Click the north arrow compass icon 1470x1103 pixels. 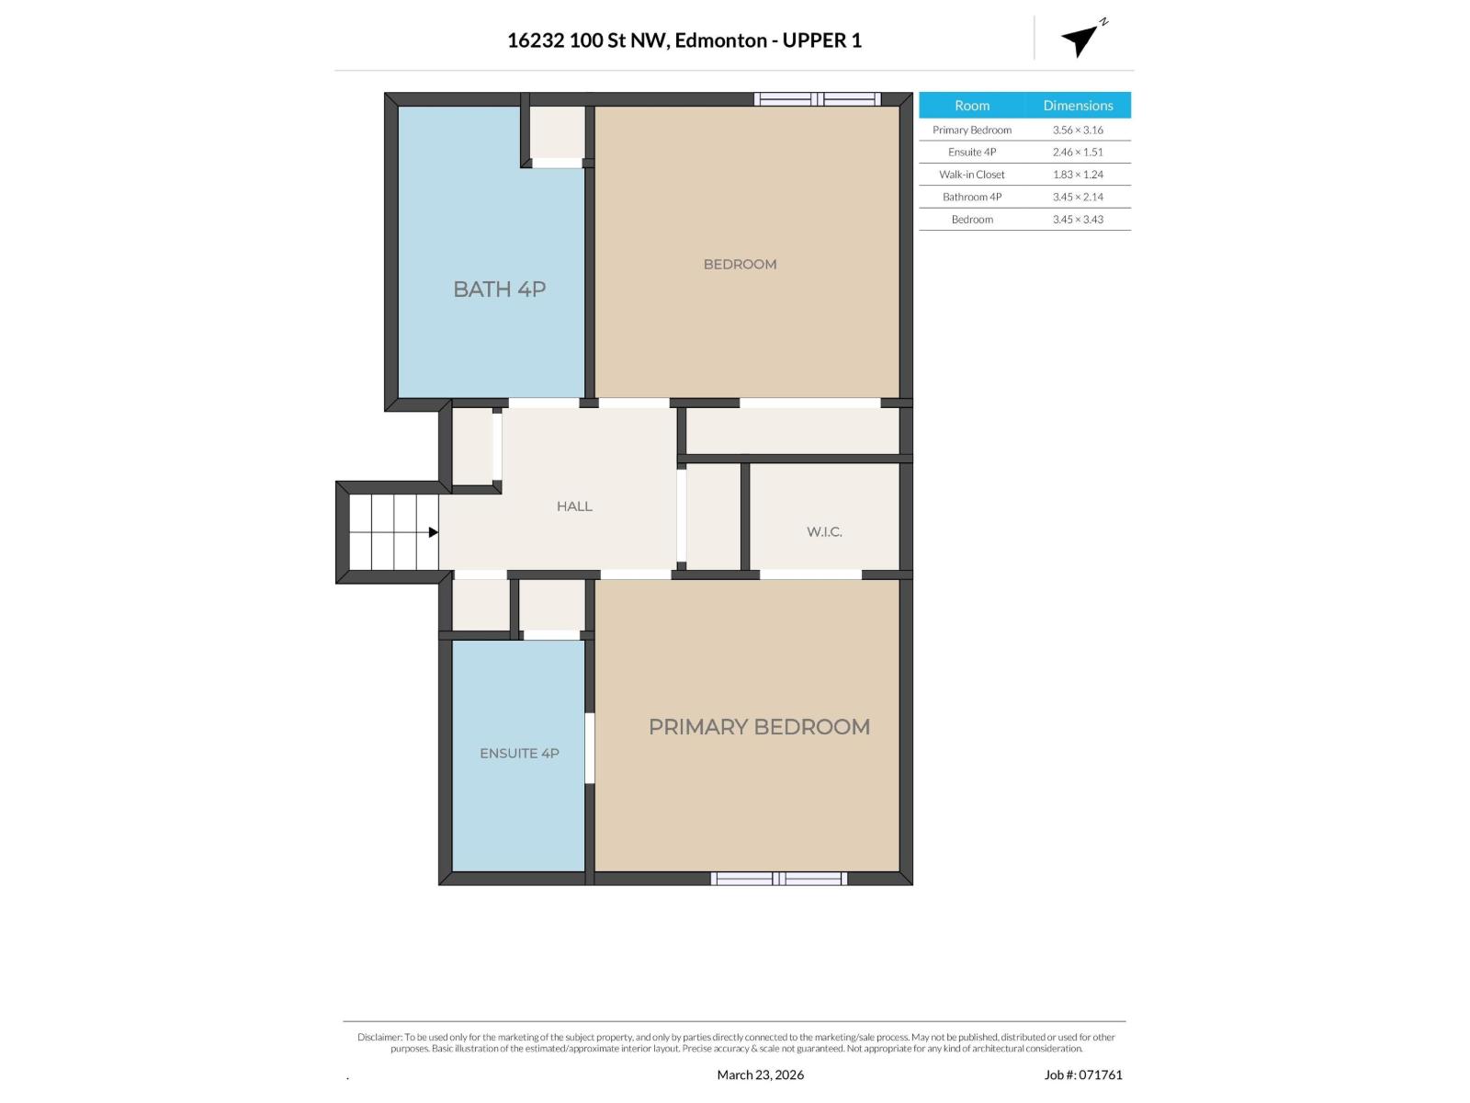(1081, 39)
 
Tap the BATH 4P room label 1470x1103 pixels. (499, 289)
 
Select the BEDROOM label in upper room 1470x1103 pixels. (740, 264)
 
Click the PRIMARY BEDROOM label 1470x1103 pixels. (759, 726)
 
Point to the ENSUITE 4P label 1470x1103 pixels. (519, 753)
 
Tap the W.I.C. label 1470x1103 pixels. (824, 531)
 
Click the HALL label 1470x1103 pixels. (574, 506)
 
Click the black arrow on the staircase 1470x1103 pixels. (433, 531)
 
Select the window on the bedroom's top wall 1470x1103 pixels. (817, 98)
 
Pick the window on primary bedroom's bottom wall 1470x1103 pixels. (779, 879)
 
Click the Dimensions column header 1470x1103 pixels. (1078, 105)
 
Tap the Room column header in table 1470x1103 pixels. (971, 105)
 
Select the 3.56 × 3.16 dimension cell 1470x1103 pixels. (1078, 130)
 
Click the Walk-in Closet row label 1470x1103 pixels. (971, 174)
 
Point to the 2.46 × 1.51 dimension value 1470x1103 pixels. (1078, 152)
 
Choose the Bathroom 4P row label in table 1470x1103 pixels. (971, 197)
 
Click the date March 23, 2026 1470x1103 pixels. (760, 1075)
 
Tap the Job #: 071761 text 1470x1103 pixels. (1083, 1075)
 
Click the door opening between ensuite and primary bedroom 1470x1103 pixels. (590, 748)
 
